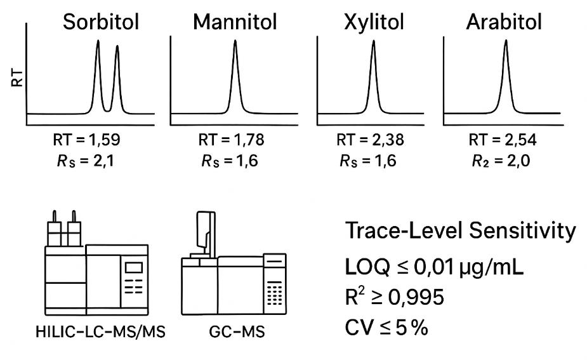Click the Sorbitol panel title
(100, 22)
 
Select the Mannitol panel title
(235, 22)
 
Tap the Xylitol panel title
(374, 22)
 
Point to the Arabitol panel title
(504, 22)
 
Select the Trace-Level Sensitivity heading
(460, 232)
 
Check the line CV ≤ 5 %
(386, 328)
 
